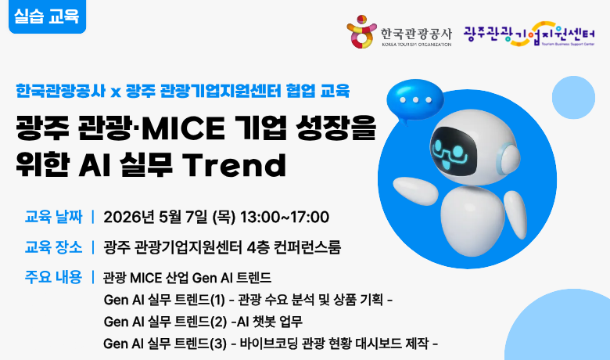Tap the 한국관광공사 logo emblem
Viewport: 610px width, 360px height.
click(361, 32)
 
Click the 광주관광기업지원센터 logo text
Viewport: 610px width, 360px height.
click(529, 34)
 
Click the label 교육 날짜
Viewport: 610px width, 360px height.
click(53, 217)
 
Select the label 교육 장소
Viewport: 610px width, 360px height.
click(53, 247)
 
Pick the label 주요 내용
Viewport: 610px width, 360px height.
click(53, 277)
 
